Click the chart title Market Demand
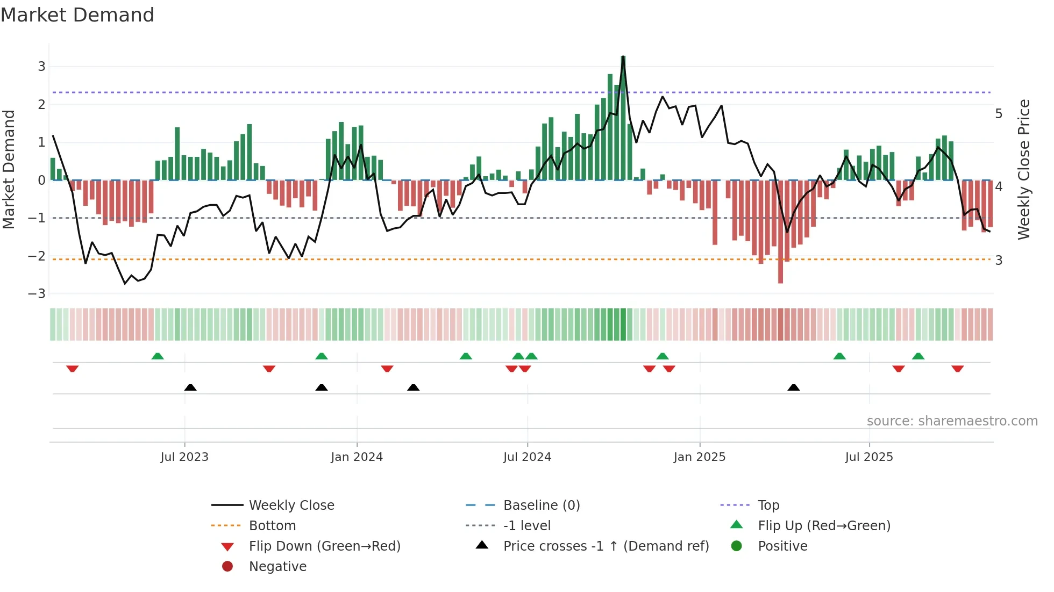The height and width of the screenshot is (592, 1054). (77, 15)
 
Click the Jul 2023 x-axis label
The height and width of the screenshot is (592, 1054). (184, 457)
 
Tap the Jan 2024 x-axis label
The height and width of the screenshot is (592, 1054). (357, 457)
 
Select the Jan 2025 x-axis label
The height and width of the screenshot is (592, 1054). (699, 457)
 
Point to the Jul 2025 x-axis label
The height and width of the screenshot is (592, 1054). (868, 457)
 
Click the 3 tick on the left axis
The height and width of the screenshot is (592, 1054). (41, 67)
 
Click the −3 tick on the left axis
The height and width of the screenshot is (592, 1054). (37, 294)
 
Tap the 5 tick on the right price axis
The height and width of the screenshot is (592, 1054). (999, 114)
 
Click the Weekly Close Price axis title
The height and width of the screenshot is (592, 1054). (1024, 169)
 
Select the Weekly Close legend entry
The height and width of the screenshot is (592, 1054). (291, 506)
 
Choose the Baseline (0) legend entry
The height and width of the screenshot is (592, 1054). (541, 506)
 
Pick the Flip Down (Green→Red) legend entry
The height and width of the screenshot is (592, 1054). (324, 546)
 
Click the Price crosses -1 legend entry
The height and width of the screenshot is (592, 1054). (606, 546)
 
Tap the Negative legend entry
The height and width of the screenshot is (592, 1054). (277, 567)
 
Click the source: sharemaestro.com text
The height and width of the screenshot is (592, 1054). (952, 421)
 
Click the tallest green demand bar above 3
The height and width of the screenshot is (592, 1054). (623, 118)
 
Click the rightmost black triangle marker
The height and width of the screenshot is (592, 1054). (793, 387)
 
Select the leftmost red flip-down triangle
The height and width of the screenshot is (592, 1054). (73, 369)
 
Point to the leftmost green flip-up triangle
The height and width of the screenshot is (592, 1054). (158, 356)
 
